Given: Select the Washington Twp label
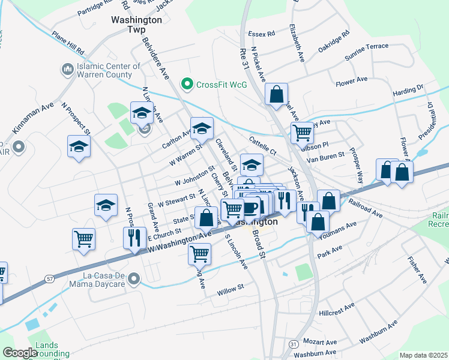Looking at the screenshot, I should coord(137,24).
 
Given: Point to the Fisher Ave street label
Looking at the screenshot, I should coord(417,270).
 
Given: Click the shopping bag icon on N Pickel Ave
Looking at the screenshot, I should coord(276,94).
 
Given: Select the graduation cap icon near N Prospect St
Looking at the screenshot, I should coord(79,147).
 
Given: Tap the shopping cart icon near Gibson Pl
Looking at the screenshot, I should coord(302,132).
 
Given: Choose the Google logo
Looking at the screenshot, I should coord(20,353).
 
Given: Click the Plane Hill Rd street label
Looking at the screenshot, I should coord(68,41).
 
